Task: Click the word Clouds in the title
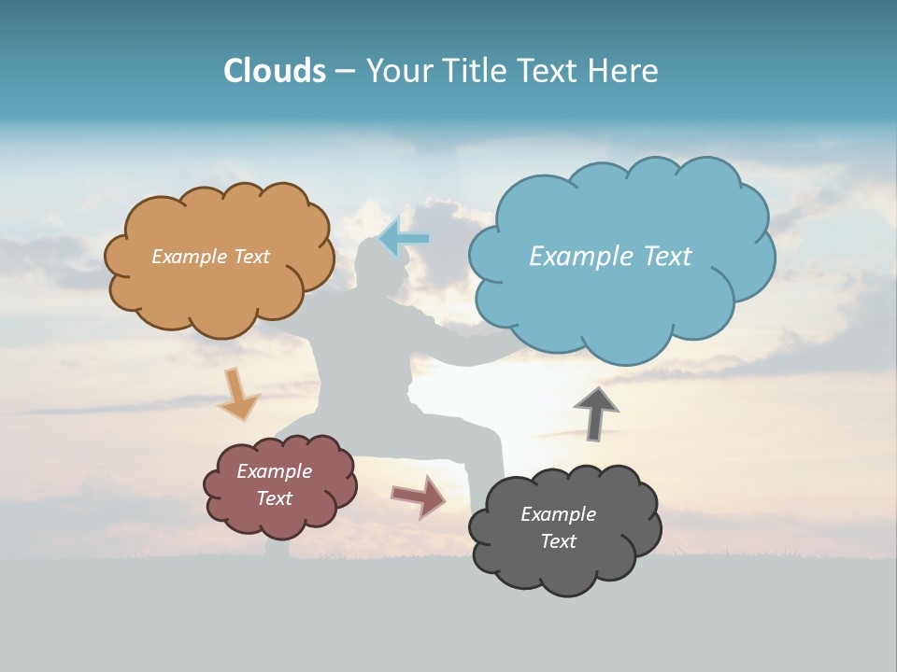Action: pos(274,71)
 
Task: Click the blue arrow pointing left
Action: pos(405,237)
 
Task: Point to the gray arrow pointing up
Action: pos(597,413)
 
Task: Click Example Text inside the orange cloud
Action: pos(210,257)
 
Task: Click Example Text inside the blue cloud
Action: pos(610,257)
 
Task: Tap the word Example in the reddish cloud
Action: pos(274,472)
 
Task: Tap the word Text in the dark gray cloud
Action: pos(558,541)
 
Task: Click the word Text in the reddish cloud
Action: pos(274,498)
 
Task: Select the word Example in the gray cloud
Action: pos(558,514)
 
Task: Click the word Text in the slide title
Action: pos(549,71)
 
